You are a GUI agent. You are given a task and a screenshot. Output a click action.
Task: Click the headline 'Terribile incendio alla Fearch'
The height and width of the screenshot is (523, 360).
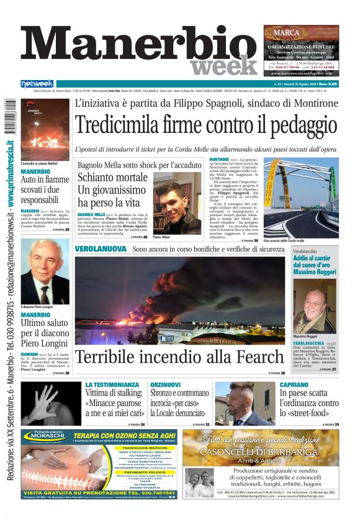coord(179,357)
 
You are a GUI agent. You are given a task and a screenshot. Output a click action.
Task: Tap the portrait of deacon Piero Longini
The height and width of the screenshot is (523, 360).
coord(45,271)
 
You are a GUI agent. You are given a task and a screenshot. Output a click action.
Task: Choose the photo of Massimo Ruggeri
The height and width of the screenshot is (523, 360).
coord(315,308)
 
